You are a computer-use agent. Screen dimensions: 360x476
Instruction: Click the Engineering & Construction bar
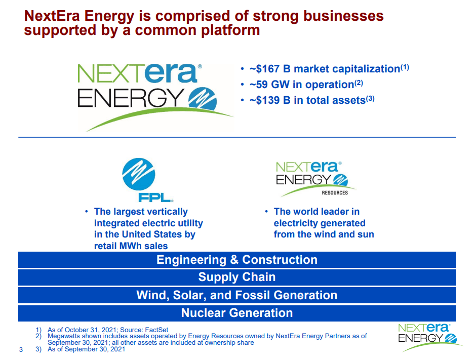(237, 260)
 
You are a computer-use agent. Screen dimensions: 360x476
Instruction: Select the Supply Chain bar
(237, 277)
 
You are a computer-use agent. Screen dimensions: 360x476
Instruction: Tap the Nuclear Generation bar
(237, 313)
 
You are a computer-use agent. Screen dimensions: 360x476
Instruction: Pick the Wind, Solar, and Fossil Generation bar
(237, 295)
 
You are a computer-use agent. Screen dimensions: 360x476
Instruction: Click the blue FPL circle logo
(138, 174)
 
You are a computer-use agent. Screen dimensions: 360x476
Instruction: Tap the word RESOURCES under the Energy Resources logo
(335, 193)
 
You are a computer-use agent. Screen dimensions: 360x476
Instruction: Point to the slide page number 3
(21, 349)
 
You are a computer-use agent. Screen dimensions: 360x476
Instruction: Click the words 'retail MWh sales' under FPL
(131, 246)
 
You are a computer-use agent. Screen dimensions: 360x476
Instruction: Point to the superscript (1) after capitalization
(405, 67)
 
